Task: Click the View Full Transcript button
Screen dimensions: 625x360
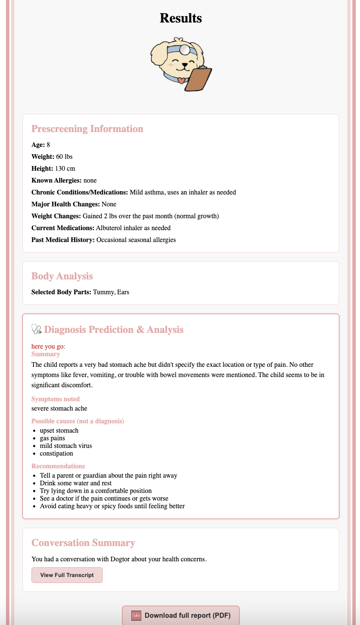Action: [67, 575]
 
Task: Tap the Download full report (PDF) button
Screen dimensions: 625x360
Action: [181, 615]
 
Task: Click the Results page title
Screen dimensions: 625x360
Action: [181, 18]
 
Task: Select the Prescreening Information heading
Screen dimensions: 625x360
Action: [87, 129]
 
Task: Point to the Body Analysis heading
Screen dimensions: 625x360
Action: [62, 276]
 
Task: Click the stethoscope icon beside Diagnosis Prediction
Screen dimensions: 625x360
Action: [37, 329]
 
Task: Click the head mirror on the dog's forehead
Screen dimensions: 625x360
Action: [185, 49]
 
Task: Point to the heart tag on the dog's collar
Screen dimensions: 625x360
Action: [181, 80]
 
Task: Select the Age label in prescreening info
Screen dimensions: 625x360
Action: [38, 145]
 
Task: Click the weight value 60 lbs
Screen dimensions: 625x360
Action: [64, 157]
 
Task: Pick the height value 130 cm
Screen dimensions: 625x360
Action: [65, 169]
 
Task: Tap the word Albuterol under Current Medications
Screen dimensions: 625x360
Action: [110, 228]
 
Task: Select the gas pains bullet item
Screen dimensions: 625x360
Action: [53, 438]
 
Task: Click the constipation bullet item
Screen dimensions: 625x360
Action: [56, 453]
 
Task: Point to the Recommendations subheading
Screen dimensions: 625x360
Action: [58, 466]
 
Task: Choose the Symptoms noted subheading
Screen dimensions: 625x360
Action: [56, 399]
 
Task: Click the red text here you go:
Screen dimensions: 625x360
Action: [48, 346]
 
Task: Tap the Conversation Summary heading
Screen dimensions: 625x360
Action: [83, 543]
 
